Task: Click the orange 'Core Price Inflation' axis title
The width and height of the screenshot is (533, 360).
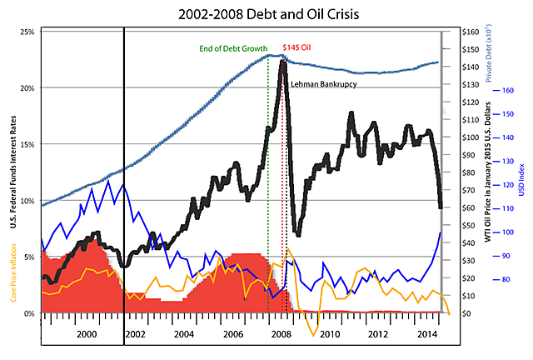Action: pos(14,283)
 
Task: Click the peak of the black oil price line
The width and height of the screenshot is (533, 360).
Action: pos(283,61)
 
